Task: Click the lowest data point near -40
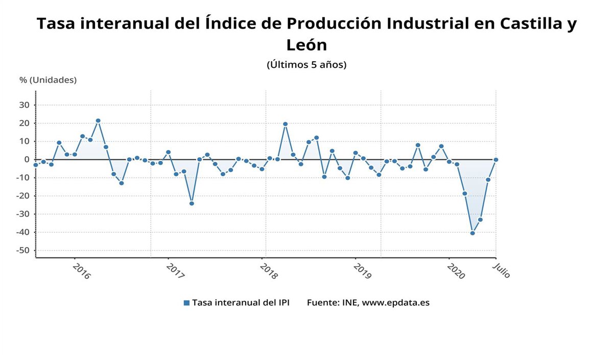473,233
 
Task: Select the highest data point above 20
98,121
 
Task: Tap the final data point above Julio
496,160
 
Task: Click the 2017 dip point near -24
192,203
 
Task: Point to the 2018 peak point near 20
285,124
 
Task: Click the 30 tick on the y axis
25,105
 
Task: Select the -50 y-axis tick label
22,251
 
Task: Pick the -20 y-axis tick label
22,196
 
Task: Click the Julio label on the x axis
502,271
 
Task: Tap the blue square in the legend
186,303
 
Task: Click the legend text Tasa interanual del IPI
241,303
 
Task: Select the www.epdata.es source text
395,303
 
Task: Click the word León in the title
306,45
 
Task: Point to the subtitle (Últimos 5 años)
306,65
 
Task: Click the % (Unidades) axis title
48,80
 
